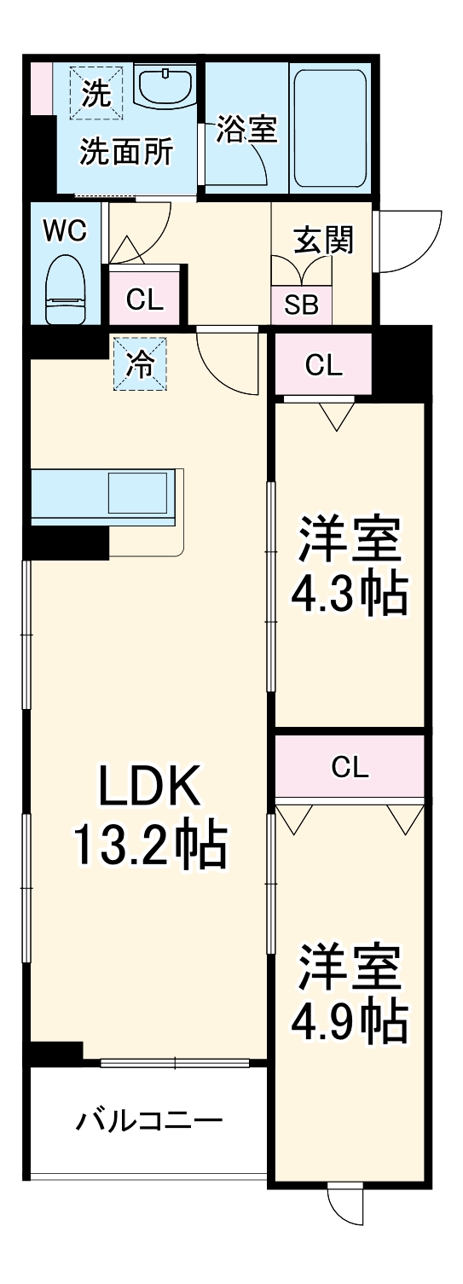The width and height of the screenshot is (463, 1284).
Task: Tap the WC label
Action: pyautogui.click(x=66, y=232)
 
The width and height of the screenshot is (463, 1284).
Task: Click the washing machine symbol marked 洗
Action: pyautogui.click(x=96, y=92)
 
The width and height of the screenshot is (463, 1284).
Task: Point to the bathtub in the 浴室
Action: pyautogui.click(x=329, y=129)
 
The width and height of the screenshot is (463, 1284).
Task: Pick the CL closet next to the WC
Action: pyautogui.click(x=144, y=299)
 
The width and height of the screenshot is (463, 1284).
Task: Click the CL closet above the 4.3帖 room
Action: pyautogui.click(x=323, y=365)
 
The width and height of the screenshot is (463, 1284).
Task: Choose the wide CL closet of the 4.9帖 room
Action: pyautogui.click(x=350, y=768)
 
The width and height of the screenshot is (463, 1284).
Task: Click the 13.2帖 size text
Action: pyautogui.click(x=150, y=845)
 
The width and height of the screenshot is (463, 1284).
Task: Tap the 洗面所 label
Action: pyautogui.click(x=126, y=152)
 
